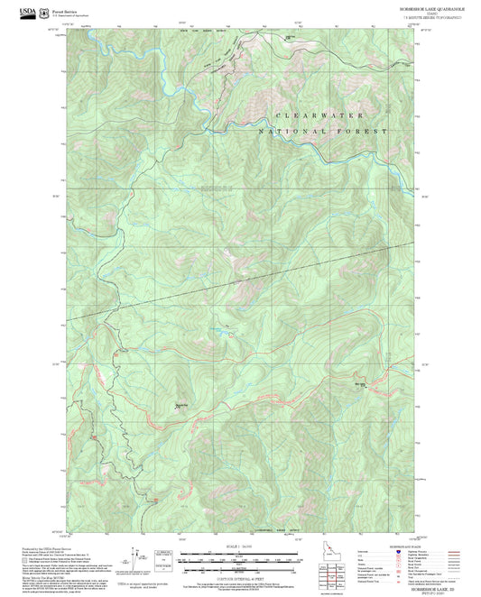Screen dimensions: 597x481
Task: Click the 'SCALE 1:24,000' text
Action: click(x=241, y=546)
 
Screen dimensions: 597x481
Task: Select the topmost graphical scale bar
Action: click(x=241, y=554)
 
